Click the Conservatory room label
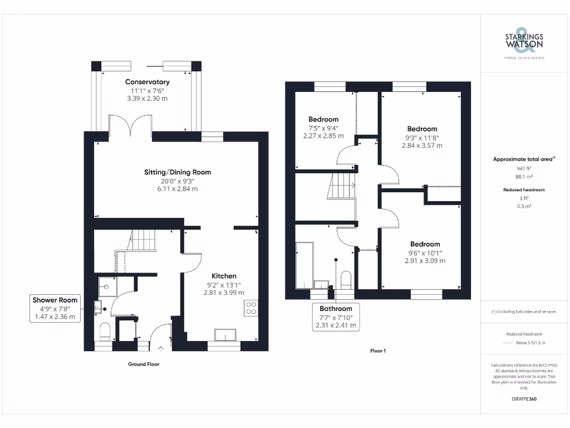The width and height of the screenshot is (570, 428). pyautogui.click(x=147, y=82)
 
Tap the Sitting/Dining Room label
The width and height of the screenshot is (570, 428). pyautogui.click(x=178, y=172)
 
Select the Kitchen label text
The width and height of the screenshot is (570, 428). pyautogui.click(x=224, y=276)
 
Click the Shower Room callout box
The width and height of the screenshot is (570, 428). pyautogui.click(x=55, y=308)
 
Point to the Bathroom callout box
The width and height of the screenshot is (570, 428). pyautogui.click(x=336, y=317)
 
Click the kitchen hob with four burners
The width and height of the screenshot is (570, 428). pyautogui.click(x=251, y=308)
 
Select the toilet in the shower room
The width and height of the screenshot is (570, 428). pyautogui.click(x=104, y=332)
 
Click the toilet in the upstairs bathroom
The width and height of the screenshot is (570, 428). pyautogui.click(x=346, y=278)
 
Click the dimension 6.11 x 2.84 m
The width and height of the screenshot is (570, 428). pyautogui.click(x=178, y=189)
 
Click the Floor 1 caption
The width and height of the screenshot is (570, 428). pyautogui.click(x=378, y=351)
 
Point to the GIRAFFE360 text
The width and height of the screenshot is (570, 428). pyautogui.click(x=524, y=399)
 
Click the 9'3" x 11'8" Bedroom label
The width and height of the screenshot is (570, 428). pyautogui.click(x=422, y=129)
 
